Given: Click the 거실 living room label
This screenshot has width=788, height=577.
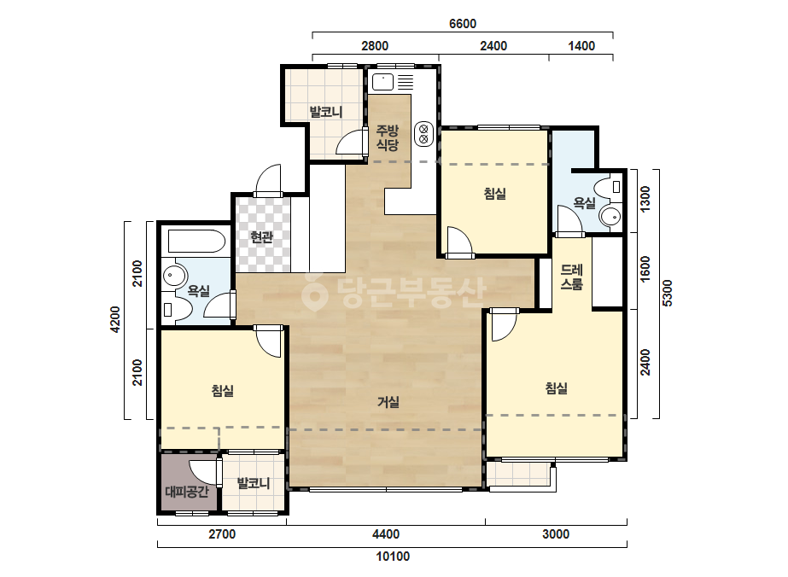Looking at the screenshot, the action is pyautogui.click(x=388, y=402).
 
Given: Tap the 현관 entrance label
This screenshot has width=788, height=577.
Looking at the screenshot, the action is pyautogui.click(x=261, y=237).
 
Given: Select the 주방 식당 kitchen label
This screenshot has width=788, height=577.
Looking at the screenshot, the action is pyautogui.click(x=388, y=137).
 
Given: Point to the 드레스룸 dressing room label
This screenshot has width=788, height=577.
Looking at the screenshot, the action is pyautogui.click(x=572, y=277).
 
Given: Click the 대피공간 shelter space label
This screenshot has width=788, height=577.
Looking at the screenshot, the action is pyautogui.click(x=187, y=491).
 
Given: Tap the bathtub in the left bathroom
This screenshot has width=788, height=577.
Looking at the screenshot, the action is pyautogui.click(x=196, y=241).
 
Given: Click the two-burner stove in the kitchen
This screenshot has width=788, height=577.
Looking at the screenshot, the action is pyautogui.click(x=423, y=133).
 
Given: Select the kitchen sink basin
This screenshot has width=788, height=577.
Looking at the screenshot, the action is pyautogui.click(x=383, y=82).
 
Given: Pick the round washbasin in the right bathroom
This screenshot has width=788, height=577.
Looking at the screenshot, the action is pyautogui.click(x=610, y=216).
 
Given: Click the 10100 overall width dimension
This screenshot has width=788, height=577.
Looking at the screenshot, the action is pyautogui.click(x=393, y=557).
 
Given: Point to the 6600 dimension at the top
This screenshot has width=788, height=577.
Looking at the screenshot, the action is pyautogui.click(x=463, y=24).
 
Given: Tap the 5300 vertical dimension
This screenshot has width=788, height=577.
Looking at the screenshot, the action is pyautogui.click(x=668, y=293).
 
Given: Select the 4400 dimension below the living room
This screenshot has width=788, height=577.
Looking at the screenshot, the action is pyautogui.click(x=386, y=533).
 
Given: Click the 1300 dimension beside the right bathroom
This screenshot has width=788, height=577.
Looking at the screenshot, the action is pyautogui.click(x=645, y=199).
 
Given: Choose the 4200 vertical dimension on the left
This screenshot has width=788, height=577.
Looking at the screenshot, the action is pyautogui.click(x=115, y=320).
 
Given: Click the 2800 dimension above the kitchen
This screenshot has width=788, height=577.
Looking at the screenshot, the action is pyautogui.click(x=375, y=46).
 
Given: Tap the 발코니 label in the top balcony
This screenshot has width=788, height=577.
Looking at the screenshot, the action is pyautogui.click(x=326, y=111).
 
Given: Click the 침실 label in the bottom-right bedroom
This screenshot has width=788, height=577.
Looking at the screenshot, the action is pyautogui.click(x=557, y=388).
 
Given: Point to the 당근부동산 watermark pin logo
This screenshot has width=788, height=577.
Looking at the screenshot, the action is pyautogui.click(x=314, y=292).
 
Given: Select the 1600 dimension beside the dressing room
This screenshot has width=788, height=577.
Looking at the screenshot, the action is pyautogui.click(x=645, y=270).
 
